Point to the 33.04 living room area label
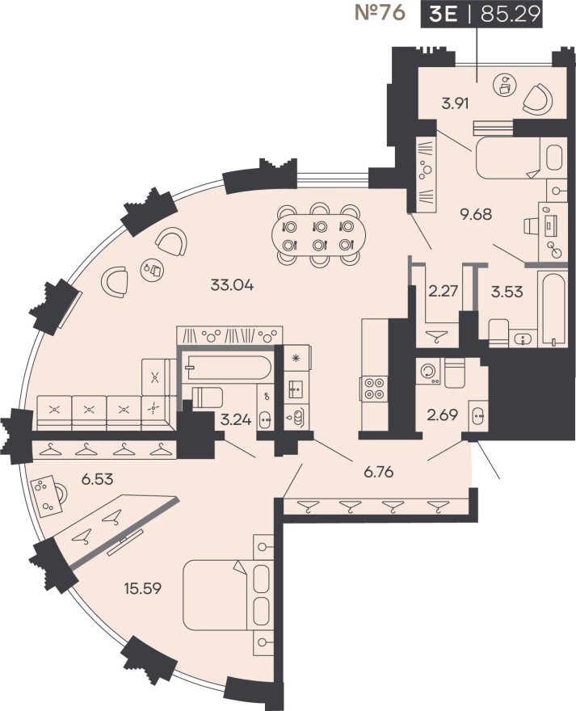pyautogui.click(x=233, y=284)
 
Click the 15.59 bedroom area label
pyautogui.click(x=141, y=587)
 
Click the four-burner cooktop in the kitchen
pyautogui.click(x=375, y=390)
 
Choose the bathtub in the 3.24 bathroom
pyautogui.click(x=225, y=368)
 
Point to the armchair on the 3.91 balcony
pyautogui.click(x=536, y=99)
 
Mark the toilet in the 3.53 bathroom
pyautogui.click(x=498, y=330)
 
